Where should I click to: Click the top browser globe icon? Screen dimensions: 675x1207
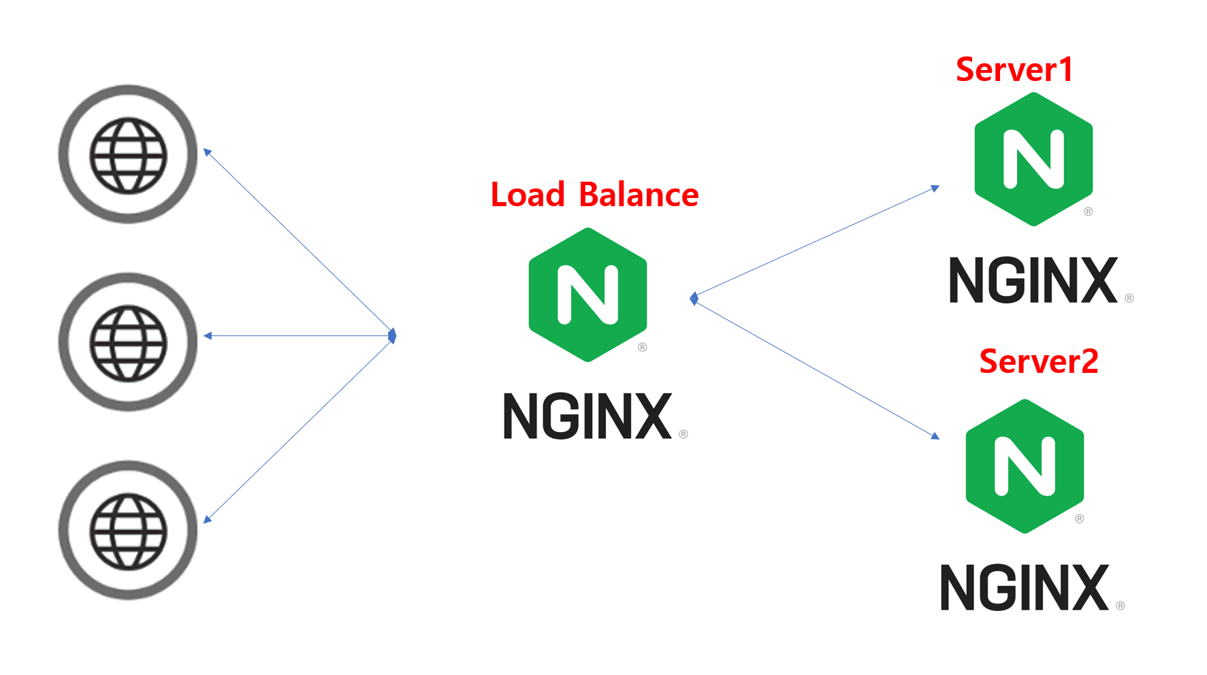(128, 154)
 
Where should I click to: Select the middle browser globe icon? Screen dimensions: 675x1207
(128, 342)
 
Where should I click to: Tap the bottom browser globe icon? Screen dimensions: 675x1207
(128, 531)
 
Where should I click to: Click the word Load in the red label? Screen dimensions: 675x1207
(528, 195)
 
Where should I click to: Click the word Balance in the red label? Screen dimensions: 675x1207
(639, 195)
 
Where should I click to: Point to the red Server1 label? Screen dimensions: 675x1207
(1014, 69)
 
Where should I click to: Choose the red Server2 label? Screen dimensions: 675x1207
(1038, 361)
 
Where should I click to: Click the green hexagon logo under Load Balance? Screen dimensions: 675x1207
(588, 295)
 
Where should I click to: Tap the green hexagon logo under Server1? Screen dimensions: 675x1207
(1033, 159)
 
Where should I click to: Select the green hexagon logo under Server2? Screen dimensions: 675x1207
(1025, 466)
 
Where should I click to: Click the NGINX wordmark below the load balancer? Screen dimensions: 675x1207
(588, 416)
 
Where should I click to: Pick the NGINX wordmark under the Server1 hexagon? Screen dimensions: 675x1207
(1033, 280)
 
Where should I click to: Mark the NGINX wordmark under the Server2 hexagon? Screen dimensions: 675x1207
(1025, 587)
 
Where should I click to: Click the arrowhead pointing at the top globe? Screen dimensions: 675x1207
(208, 152)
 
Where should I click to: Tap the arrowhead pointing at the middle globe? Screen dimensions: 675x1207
(208, 335)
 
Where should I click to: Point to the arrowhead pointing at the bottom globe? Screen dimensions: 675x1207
(208, 519)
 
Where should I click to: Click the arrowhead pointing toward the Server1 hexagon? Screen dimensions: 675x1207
(935, 188)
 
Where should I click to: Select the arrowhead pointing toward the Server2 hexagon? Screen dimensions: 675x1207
(935, 435)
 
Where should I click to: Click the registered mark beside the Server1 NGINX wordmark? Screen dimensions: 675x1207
(1129, 298)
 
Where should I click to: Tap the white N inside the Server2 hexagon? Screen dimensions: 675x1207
(1025, 466)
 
